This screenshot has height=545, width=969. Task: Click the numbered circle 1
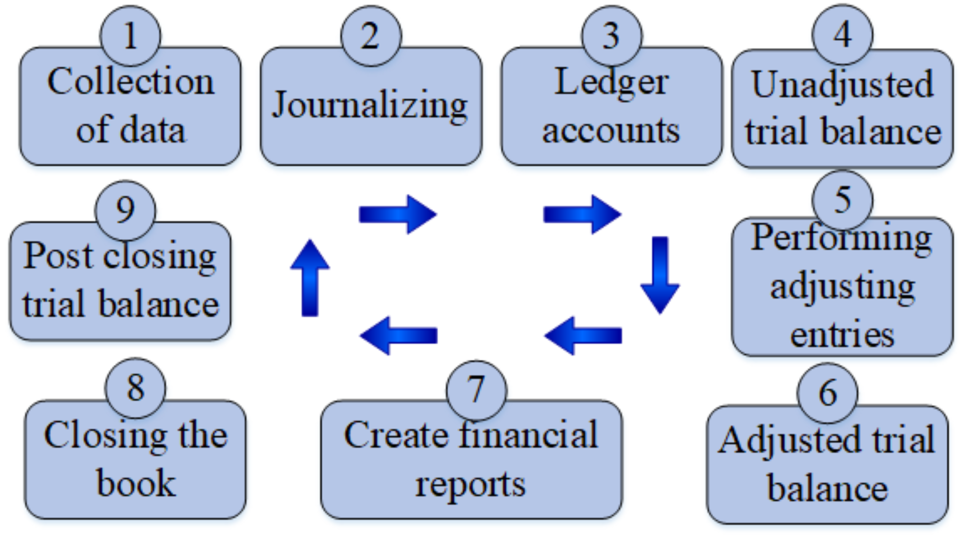click(131, 36)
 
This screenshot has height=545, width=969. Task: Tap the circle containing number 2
click(371, 36)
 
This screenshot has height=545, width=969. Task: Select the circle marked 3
click(612, 36)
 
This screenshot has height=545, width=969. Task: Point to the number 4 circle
click(842, 34)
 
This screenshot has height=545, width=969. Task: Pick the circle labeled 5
click(842, 200)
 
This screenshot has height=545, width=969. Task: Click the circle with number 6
click(828, 393)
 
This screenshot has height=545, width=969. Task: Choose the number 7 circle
click(476, 390)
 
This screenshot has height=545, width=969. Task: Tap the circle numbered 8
click(135, 388)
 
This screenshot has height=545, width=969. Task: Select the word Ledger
click(612, 82)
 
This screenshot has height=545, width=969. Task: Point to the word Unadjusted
click(842, 85)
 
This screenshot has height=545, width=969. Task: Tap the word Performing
click(841, 238)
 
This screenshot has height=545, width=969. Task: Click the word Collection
click(131, 81)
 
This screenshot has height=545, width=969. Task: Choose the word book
click(136, 483)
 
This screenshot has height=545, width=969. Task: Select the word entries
click(842, 335)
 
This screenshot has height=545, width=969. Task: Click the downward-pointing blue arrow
click(660, 275)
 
